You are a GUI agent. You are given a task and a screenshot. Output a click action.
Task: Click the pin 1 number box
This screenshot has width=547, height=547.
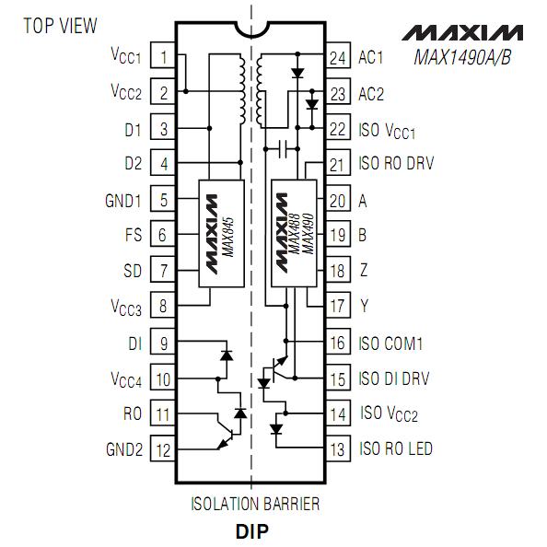pos(163,55)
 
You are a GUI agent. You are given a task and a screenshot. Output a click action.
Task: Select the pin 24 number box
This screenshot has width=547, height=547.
pos(338,55)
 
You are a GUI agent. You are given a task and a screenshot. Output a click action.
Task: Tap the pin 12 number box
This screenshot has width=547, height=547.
pos(163,448)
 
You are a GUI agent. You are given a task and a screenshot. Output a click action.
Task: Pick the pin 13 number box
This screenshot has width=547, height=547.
pos(338,448)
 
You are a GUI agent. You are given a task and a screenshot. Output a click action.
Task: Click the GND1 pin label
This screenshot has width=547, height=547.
pos(123,201)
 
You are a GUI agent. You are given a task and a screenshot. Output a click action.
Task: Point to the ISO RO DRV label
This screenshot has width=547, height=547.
pos(396,163)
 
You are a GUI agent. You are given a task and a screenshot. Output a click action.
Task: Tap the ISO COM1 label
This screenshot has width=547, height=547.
pos(390,343)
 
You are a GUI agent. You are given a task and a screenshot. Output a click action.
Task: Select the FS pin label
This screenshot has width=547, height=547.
pos(134,235)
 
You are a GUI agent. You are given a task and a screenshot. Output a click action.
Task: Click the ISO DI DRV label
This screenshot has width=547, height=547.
pos(394,378)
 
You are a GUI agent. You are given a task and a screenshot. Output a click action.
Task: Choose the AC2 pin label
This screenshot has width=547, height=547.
pos(371,94)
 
